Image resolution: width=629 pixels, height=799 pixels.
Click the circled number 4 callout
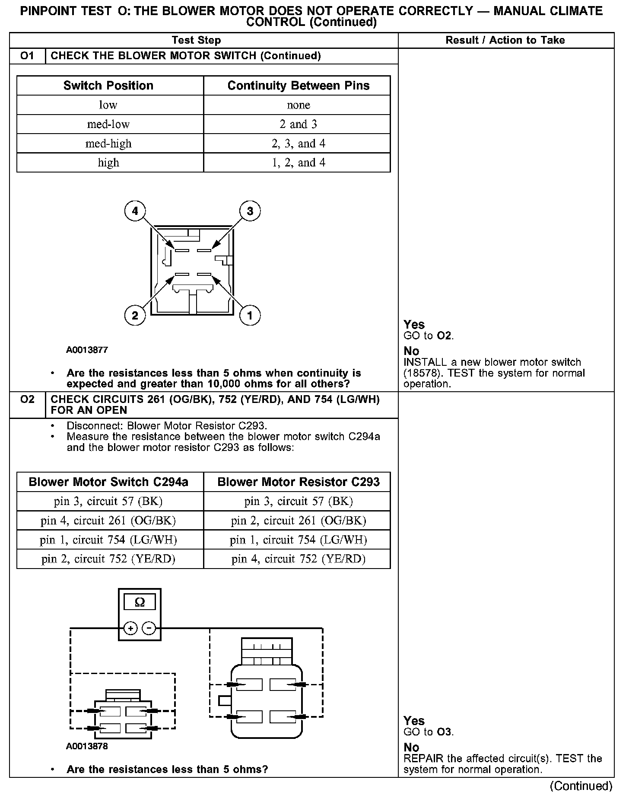[x=135, y=211]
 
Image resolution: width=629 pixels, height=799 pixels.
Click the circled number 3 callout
[x=250, y=211]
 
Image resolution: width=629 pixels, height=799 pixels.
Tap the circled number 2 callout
[x=135, y=315]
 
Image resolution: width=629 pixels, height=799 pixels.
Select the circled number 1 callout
[x=250, y=315]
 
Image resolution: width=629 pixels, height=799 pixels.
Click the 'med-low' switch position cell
[x=108, y=124]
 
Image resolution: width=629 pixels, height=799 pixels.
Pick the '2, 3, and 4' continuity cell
[x=298, y=144]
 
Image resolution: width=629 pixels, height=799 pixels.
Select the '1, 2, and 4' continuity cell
[x=298, y=163]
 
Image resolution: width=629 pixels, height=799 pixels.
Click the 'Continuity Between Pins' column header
[x=298, y=86]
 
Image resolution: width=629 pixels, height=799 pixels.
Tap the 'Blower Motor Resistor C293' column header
[x=298, y=482]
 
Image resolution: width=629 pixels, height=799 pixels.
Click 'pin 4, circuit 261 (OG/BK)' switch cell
[x=108, y=521]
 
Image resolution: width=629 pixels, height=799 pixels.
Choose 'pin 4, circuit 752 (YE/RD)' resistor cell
[x=298, y=559]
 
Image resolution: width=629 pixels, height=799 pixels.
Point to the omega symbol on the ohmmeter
[x=140, y=602]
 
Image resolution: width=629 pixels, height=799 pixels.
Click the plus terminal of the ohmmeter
[x=130, y=628]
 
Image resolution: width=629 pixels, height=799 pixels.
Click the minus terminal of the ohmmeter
[x=149, y=628]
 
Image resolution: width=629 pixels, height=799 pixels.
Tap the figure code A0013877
[x=87, y=350]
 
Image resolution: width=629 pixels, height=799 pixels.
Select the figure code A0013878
[x=87, y=746]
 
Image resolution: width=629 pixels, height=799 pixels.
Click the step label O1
[x=27, y=56]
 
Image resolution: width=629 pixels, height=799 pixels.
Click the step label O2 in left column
[x=27, y=399]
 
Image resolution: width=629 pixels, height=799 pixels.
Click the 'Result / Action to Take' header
[x=505, y=40]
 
